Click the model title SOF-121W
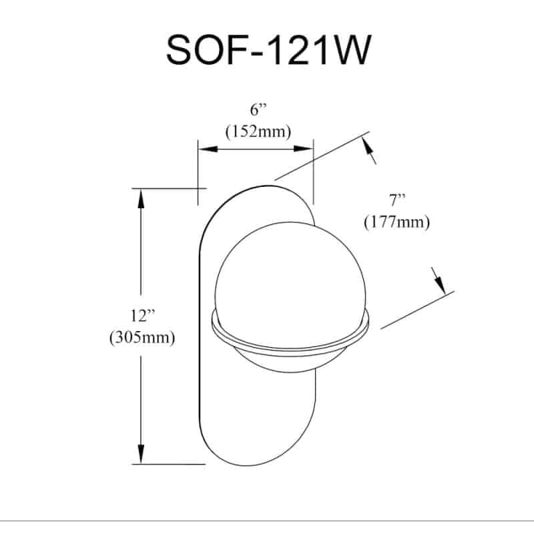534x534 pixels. click(268, 51)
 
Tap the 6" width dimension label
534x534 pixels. click(258, 110)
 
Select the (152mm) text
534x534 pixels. click(258, 131)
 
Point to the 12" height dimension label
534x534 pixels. click(143, 316)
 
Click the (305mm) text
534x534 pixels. click(142, 338)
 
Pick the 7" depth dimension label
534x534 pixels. click(397, 200)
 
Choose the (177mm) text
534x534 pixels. click(397, 222)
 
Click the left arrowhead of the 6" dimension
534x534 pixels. click(208, 149)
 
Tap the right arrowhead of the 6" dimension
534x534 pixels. click(303, 149)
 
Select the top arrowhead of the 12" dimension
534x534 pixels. click(141, 198)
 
